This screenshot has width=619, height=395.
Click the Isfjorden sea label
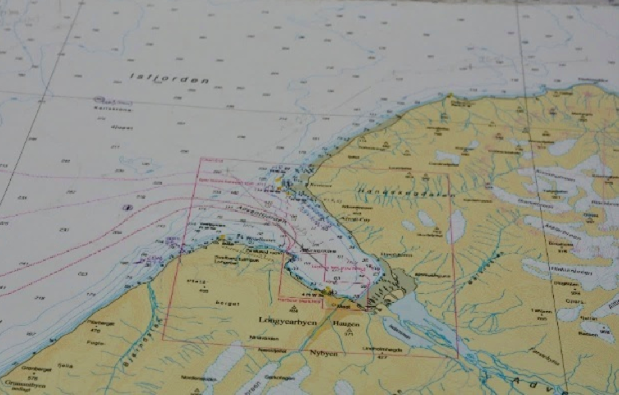pyautogui.click(x=169, y=78)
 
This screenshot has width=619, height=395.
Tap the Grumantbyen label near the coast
pyautogui.click(x=23, y=386)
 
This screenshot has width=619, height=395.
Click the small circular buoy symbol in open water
pyautogui.click(x=127, y=207)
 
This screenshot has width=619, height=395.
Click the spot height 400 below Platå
pyautogui.click(x=203, y=291)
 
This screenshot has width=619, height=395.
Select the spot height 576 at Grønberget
pyautogui.click(x=33, y=379)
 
